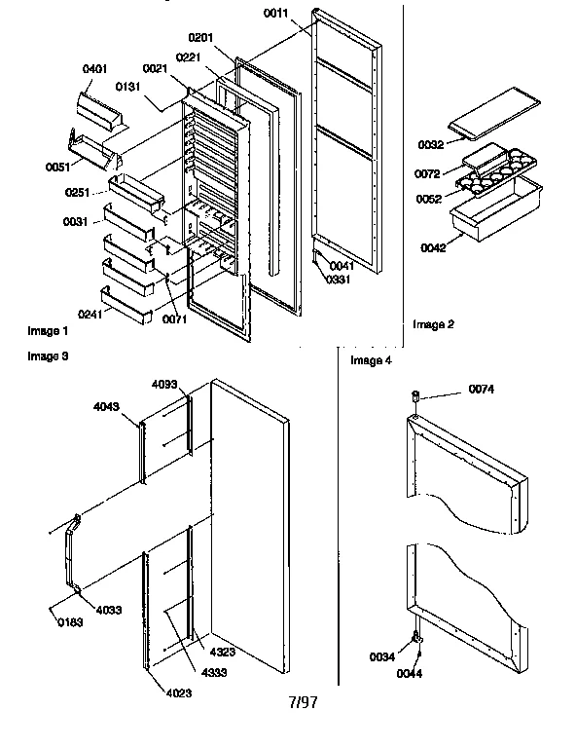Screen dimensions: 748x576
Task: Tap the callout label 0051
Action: coord(58,167)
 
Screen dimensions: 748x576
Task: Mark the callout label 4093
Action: coord(164,385)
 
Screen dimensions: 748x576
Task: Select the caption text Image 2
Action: coord(432,324)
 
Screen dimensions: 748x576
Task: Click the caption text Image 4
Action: coord(371,361)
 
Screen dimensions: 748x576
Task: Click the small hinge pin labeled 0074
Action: coord(415,395)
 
